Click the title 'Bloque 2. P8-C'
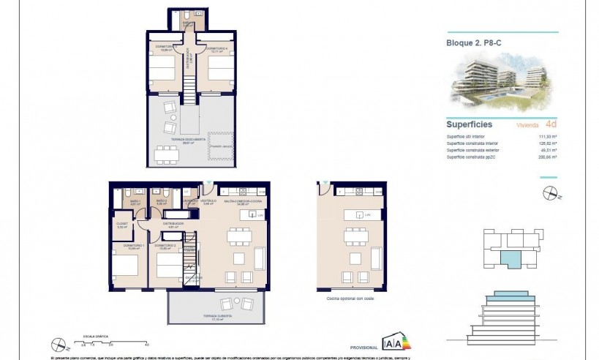(474, 42)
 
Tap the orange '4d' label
(551, 124)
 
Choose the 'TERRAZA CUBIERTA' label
(218, 315)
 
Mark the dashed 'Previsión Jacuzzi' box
(221, 149)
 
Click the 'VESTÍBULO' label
(208, 200)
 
